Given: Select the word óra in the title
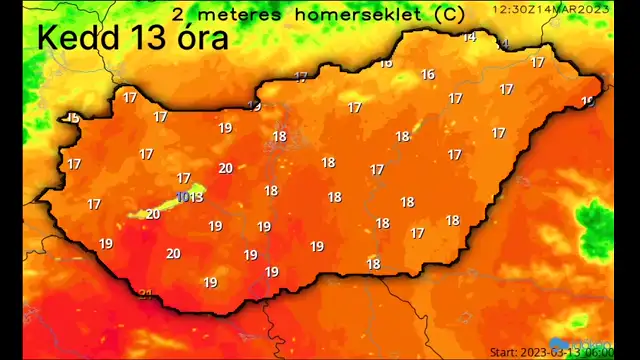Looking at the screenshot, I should tap(200, 38).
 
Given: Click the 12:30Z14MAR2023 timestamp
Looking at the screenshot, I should tap(550, 8).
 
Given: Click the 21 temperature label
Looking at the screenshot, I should tap(147, 294).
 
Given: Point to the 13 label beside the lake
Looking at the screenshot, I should tap(197, 197).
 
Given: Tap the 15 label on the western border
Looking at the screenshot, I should tap(72, 118).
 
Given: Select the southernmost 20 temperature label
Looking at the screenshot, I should tap(173, 253).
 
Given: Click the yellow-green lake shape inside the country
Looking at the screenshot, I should tap(160, 206).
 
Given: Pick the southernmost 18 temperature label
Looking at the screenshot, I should tap(373, 264).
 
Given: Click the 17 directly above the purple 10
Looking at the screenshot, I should tap(183, 178).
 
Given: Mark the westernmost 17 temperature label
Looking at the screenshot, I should tap(73, 164).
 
